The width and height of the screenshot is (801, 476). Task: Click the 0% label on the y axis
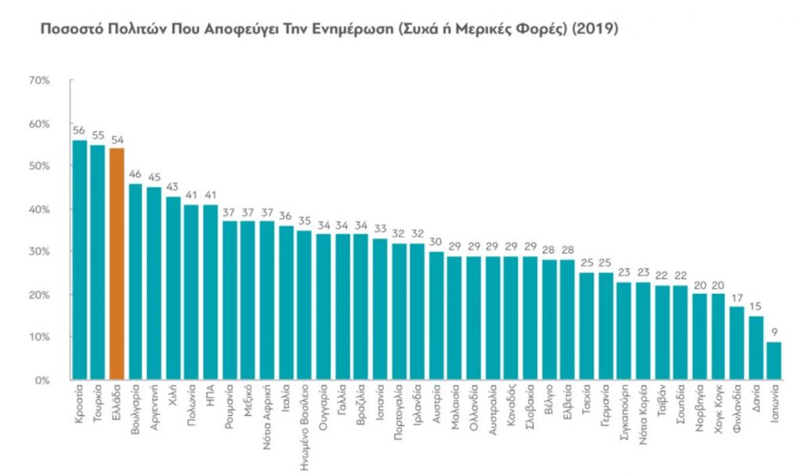pyautogui.click(x=42, y=380)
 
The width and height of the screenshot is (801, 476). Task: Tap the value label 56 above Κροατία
pyautogui.click(x=79, y=131)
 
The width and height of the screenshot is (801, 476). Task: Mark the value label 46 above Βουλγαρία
pyautogui.click(x=135, y=174)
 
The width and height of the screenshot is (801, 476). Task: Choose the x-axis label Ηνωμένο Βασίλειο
pyautogui.click(x=305, y=426)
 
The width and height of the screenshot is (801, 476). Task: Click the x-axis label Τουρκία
pyautogui.click(x=98, y=403)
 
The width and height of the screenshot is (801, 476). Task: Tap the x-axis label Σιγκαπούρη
pyautogui.click(x=623, y=413)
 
